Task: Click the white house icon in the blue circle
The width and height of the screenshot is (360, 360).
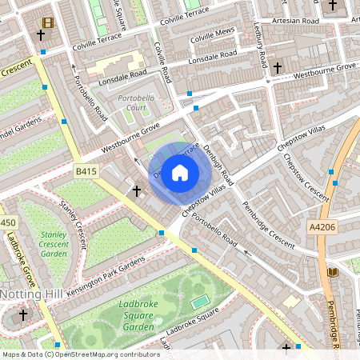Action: click(x=180, y=173)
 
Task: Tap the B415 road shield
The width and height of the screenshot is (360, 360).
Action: click(x=86, y=171)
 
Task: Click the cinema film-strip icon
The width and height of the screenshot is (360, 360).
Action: click(x=49, y=23)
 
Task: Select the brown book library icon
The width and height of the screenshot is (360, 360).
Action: click(x=333, y=273)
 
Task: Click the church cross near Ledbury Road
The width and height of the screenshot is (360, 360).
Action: click(x=277, y=68)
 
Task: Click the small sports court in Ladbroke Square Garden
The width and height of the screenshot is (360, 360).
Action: click(x=199, y=301)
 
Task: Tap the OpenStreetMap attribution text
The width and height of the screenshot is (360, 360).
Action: click(x=81, y=354)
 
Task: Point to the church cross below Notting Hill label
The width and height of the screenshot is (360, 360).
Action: click(x=23, y=316)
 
